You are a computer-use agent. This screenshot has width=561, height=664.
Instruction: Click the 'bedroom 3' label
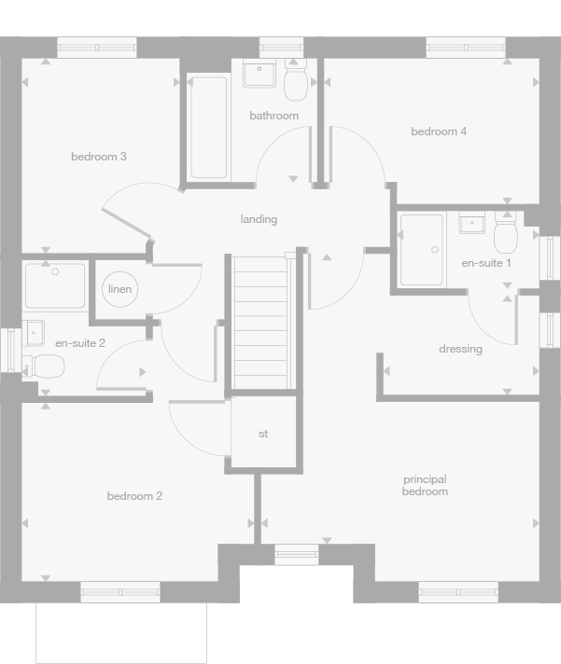[98, 157]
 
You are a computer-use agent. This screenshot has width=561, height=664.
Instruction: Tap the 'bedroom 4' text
[439, 131]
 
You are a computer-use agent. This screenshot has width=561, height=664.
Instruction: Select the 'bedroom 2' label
[134, 496]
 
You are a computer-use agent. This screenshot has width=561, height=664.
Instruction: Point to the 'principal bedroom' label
[425, 486]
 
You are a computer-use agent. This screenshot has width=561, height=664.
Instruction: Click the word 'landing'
[259, 219]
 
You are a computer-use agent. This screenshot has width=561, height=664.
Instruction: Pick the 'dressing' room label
[460, 349]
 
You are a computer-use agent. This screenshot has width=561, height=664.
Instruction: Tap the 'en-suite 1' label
[486, 263]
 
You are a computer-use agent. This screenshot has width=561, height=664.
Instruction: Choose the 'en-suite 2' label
[80, 343]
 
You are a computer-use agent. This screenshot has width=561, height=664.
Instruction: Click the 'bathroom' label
[273, 116]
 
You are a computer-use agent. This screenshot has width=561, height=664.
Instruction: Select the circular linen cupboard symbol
[120, 289]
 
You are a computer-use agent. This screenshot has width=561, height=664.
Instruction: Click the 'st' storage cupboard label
[263, 434]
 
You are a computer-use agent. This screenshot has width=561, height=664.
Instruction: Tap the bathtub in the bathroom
[208, 127]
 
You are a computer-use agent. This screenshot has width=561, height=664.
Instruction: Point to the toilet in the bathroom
[296, 82]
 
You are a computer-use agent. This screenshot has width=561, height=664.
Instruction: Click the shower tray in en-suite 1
[422, 249]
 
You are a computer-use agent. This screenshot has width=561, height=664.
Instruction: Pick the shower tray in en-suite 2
[55, 285]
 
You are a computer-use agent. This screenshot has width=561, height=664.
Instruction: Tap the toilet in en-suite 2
[42, 365]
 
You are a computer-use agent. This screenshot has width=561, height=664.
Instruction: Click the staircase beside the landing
[260, 322]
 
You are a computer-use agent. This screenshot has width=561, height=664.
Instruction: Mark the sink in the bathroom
[259, 74]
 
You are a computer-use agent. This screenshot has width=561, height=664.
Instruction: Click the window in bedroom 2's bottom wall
[119, 591]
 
